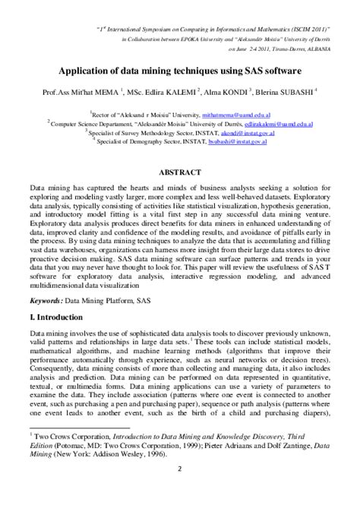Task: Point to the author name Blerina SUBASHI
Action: click(299, 90)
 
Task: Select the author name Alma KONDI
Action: click(238, 90)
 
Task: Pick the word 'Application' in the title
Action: click(99, 70)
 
